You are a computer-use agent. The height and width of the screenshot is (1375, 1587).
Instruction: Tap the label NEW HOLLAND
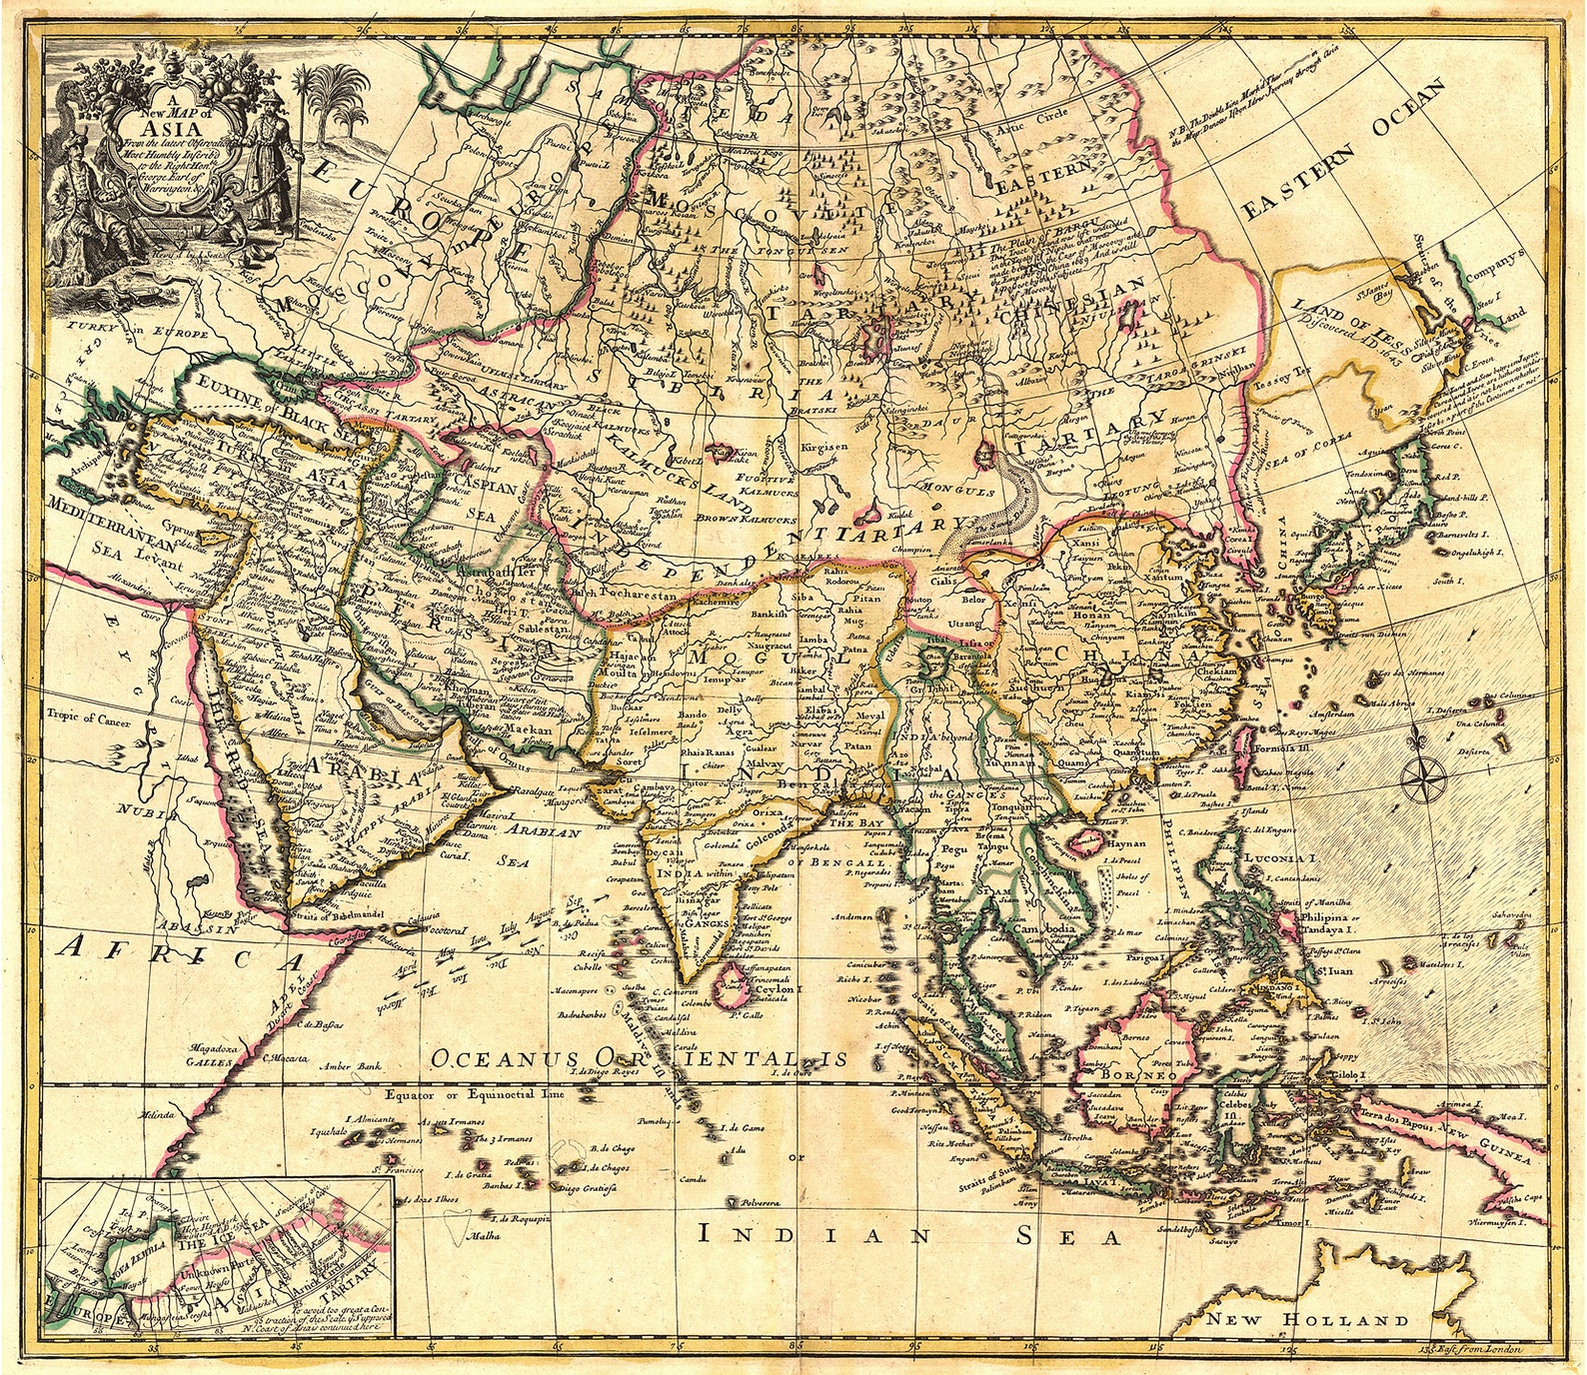tap(1306, 1319)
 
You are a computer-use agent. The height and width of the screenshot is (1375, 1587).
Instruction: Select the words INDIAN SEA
tap(909, 1235)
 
